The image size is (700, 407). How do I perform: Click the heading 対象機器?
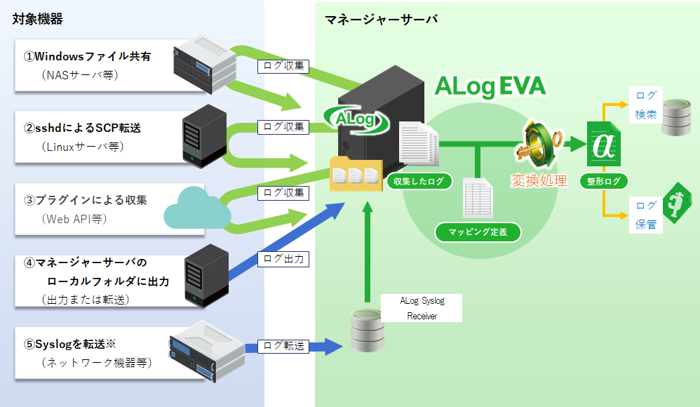tap(38, 19)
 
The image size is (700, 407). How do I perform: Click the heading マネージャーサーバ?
tap(382, 19)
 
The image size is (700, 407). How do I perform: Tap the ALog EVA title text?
tap(490, 86)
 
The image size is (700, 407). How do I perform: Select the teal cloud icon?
tap(198, 207)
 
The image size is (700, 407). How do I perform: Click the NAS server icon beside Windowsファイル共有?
tap(204, 65)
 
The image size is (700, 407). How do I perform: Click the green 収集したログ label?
tap(419, 182)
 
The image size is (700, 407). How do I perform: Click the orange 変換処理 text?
tap(538, 180)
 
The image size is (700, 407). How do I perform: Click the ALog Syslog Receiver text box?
tap(422, 308)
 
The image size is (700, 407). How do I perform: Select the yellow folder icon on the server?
tap(356, 174)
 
